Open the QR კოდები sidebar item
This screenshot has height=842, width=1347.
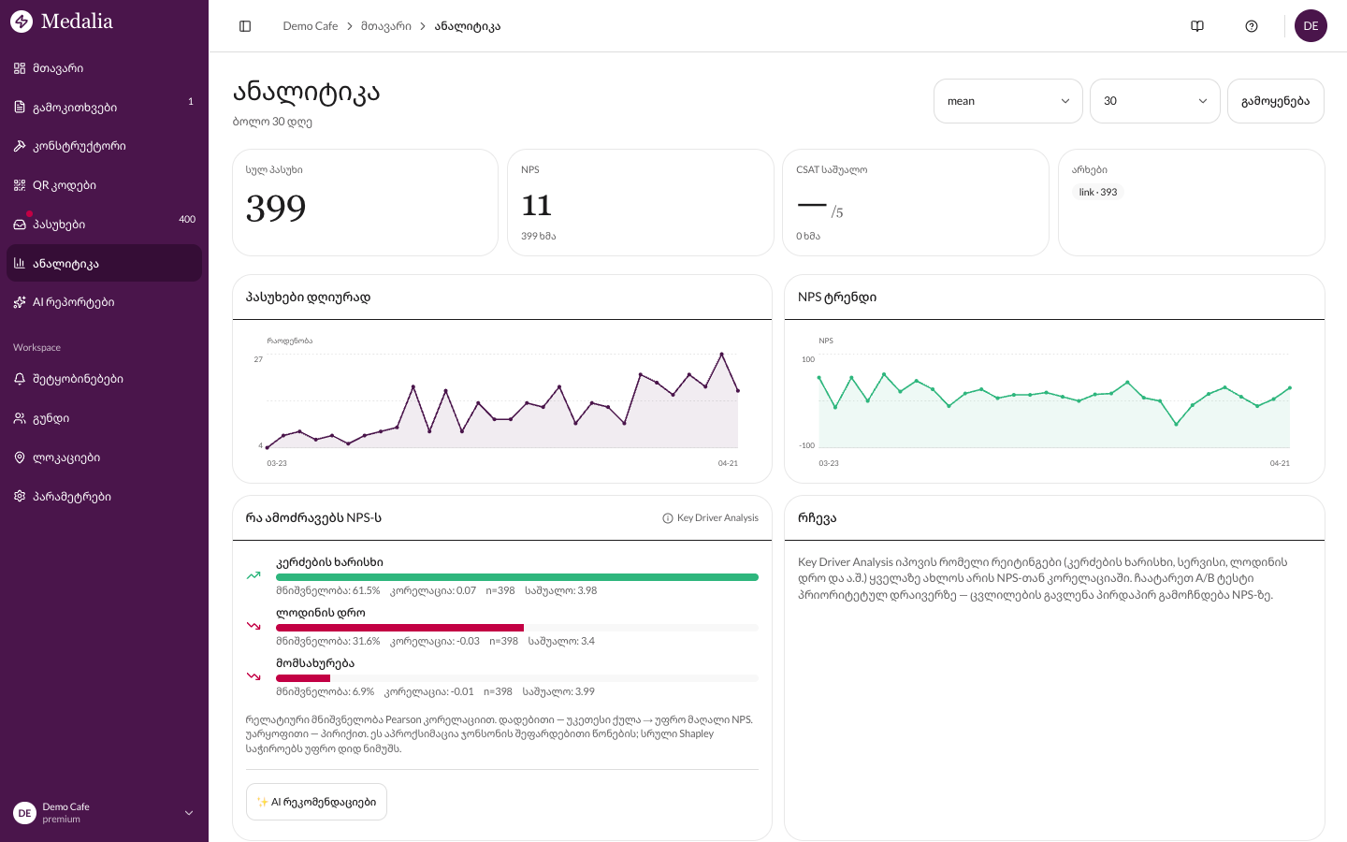point(64,185)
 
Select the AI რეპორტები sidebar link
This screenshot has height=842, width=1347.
point(73,302)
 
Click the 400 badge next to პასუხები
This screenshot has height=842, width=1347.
point(187,220)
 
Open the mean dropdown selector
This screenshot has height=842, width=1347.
point(1007,101)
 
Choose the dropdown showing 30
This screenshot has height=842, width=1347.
point(1154,101)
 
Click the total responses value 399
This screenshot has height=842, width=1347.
point(276,208)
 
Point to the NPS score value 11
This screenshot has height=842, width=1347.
point(537,205)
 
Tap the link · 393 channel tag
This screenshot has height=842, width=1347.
point(1097,193)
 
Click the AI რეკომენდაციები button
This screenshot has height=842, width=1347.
point(316,802)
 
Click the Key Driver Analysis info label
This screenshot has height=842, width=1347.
point(710,518)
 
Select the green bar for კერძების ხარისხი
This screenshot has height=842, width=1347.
point(516,577)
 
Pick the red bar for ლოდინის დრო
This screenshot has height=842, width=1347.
point(399,628)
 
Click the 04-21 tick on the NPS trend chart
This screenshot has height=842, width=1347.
point(1279,463)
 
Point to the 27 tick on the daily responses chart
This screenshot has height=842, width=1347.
point(258,359)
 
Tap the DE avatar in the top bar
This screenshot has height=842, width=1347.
point(1311,26)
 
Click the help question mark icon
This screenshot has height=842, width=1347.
point(1252,26)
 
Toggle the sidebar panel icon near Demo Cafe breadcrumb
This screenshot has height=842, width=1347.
point(245,26)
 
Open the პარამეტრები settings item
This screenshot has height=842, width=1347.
point(71,497)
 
